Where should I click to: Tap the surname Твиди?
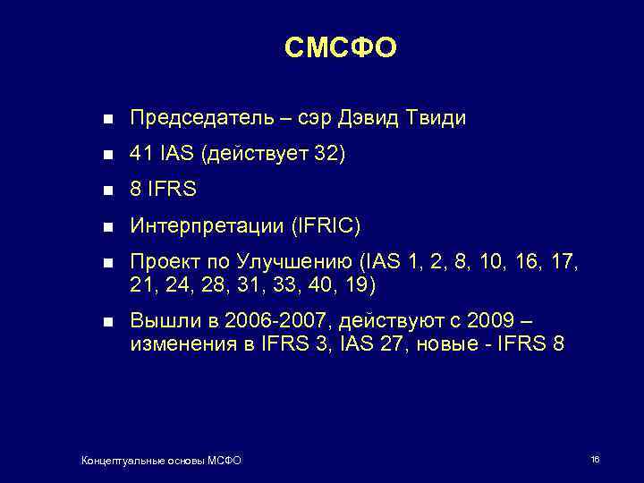coord(436,118)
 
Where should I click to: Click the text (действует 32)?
coord(273,155)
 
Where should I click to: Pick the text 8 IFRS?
coord(163,191)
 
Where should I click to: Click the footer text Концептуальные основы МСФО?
coord(161,461)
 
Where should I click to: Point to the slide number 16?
coord(595,459)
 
